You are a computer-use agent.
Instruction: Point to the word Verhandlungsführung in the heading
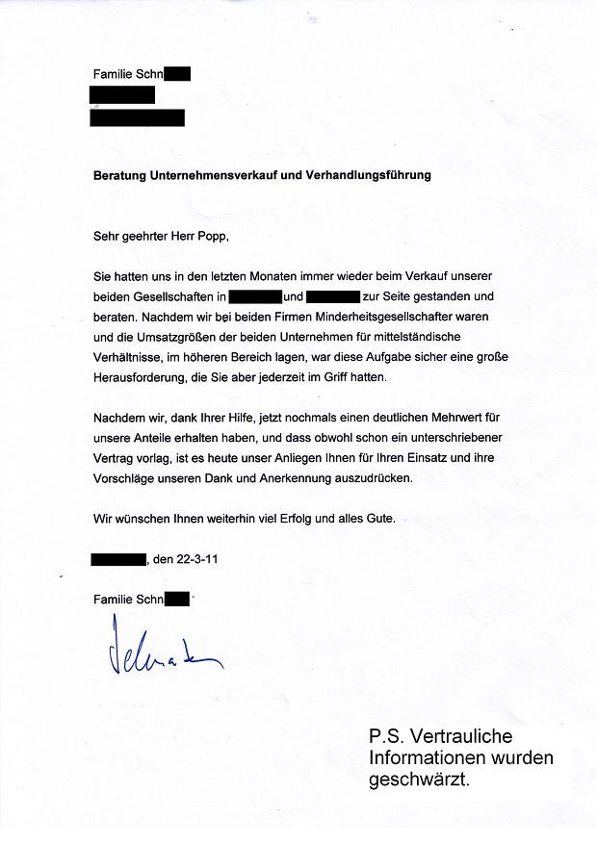pos(371,176)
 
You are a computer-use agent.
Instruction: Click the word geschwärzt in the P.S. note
pos(419,780)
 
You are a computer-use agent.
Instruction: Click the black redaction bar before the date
pos(117,558)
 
